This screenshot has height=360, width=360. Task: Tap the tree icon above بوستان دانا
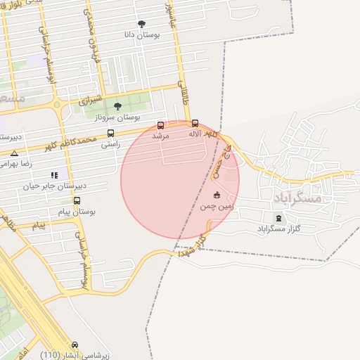[x=142, y=24]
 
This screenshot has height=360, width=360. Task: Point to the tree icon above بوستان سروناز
[x=117, y=106]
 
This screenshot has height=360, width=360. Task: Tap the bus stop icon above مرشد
[x=161, y=125]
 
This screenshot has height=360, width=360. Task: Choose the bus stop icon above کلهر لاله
[x=195, y=124]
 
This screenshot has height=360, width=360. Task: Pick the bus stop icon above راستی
[x=110, y=134]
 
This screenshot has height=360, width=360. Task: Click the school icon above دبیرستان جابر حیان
[x=53, y=175]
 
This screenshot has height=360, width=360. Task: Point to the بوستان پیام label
[x=79, y=211]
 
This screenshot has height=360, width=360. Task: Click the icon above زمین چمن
[x=216, y=195]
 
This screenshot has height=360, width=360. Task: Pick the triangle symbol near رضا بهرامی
[x=14, y=153]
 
